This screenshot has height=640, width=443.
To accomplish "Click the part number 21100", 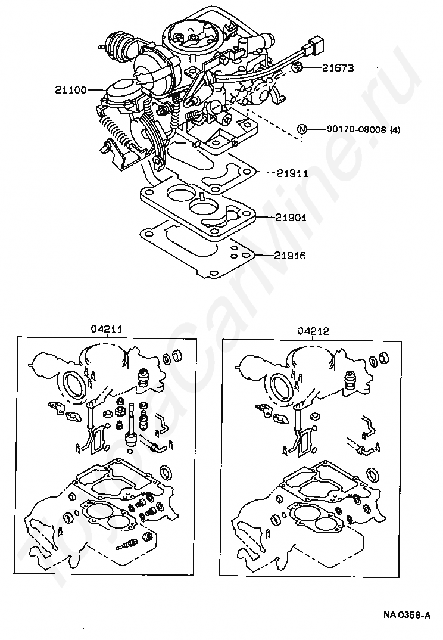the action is click(x=71, y=89).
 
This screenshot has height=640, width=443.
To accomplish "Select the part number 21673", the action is click(x=338, y=68).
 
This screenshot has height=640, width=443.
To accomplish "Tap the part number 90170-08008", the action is click(x=357, y=129).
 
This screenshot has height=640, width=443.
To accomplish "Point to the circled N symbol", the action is click(x=301, y=129).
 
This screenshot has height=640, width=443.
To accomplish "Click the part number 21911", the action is click(x=292, y=173).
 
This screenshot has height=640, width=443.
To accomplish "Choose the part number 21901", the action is click(x=291, y=217).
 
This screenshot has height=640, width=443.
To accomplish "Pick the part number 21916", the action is click(x=289, y=256).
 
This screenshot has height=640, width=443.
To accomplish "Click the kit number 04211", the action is click(x=107, y=329).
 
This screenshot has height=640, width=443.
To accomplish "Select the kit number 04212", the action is click(x=313, y=331).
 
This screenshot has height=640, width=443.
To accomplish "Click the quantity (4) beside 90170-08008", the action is click(x=395, y=129).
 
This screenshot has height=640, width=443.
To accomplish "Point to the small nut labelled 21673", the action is click(x=297, y=67).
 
